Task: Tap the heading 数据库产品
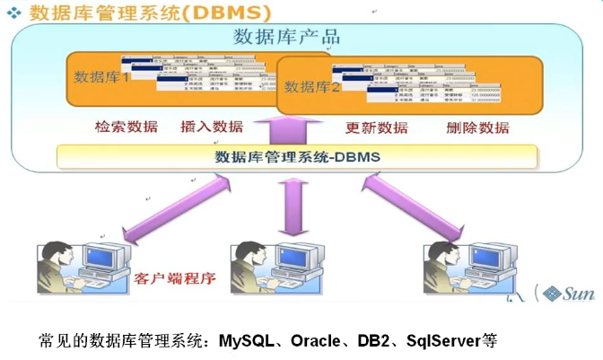[285, 37]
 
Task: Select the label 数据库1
[101, 76]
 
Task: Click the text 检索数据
[126, 127]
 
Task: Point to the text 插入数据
[212, 127]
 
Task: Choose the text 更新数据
[377, 127]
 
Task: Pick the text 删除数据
[477, 127]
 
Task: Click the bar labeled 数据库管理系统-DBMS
[297, 157]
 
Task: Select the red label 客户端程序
[175, 277]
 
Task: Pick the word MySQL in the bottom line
[246, 341]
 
